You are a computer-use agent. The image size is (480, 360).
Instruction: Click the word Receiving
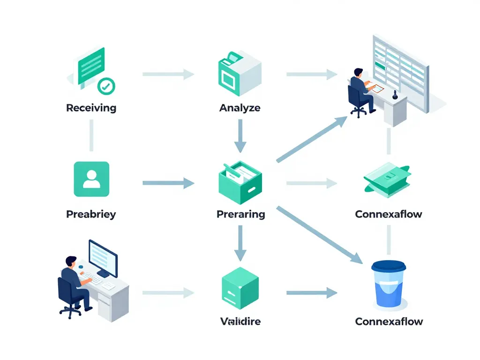click(x=91, y=108)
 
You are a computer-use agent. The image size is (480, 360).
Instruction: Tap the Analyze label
click(x=240, y=108)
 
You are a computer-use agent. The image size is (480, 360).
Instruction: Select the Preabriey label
click(x=91, y=214)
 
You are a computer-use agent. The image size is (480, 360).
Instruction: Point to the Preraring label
click(x=240, y=214)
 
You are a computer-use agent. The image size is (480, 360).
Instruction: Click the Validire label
click(x=240, y=321)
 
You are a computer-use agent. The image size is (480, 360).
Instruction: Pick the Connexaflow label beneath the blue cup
click(x=389, y=321)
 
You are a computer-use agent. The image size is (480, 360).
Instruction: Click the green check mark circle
click(x=106, y=86)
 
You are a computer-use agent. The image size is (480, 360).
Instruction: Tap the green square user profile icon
click(x=91, y=179)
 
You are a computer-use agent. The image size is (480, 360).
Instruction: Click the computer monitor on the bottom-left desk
click(x=103, y=257)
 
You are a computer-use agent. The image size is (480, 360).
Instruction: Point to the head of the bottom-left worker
click(x=70, y=261)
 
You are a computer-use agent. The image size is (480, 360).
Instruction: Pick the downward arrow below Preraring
click(x=240, y=243)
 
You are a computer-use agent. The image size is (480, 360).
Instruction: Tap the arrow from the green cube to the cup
click(x=311, y=293)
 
